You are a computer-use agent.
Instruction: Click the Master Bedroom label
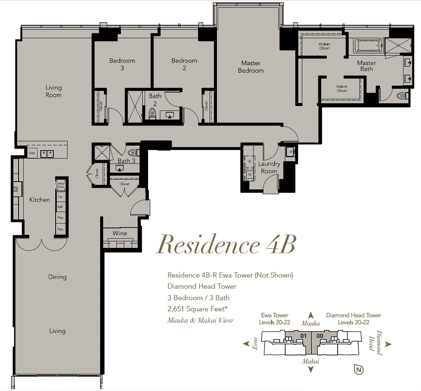[250, 67]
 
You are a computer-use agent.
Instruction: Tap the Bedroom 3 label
[122, 64]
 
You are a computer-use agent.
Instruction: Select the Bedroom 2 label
[185, 64]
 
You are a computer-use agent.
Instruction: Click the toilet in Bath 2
[153, 113]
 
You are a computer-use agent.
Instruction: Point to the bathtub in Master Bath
[368, 45]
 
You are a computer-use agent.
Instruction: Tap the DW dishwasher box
[32, 153]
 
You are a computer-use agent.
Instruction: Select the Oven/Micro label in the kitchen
[60, 185]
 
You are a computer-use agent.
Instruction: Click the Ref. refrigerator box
[60, 207]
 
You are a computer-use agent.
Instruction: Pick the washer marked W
[250, 174]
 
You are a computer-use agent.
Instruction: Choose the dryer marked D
[250, 162]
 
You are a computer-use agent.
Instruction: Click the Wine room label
[120, 233]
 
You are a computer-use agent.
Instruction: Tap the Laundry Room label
[269, 167]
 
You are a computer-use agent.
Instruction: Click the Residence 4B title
[226, 245]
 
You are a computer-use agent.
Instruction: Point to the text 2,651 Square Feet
[198, 309]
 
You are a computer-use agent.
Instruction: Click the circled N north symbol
[359, 370]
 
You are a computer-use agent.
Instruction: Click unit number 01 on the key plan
[303, 336]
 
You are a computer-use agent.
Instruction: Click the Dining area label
[57, 277]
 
